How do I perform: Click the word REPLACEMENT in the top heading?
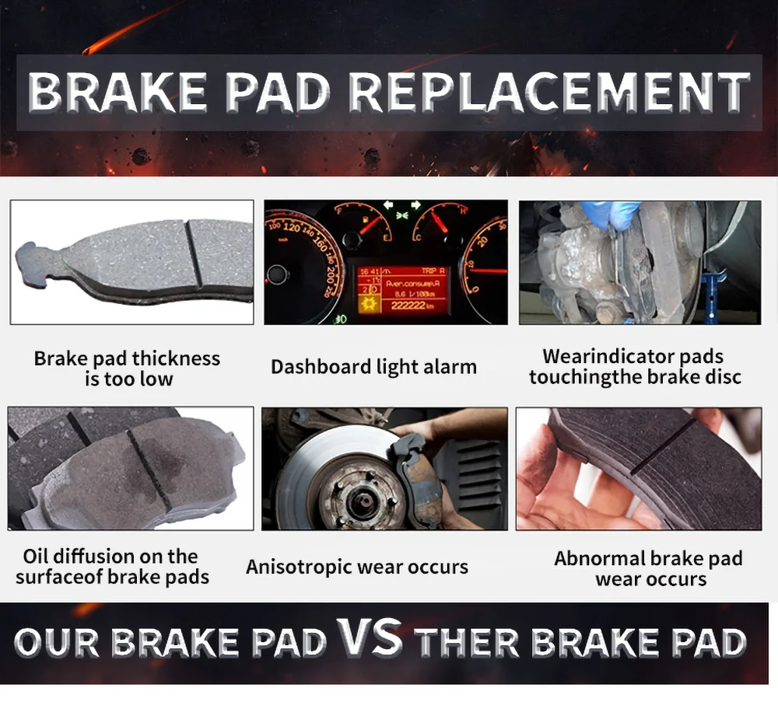[x=549, y=93]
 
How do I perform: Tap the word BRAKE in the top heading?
[x=117, y=93]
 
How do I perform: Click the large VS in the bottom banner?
[x=369, y=638]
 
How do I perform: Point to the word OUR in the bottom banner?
[x=57, y=644]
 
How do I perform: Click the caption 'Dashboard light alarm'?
[x=373, y=367]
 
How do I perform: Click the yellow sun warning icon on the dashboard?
[x=369, y=303]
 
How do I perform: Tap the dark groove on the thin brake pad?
[x=194, y=253]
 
